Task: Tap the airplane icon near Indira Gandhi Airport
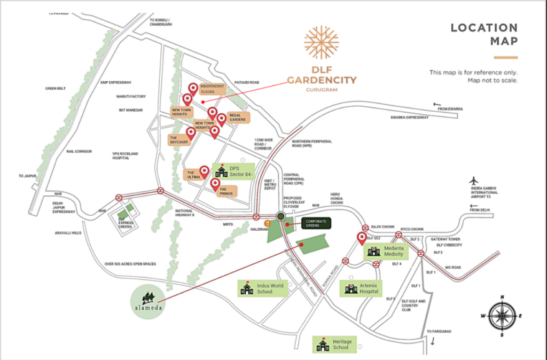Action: [473, 181]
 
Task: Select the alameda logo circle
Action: [149, 300]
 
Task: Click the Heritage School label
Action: [333, 344]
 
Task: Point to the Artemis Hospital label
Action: [361, 288]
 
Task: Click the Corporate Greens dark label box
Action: [316, 223]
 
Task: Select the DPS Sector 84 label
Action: [233, 171]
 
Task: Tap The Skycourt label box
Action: [177, 139]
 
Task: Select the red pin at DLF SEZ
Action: [361, 238]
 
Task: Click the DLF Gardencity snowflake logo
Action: [321, 43]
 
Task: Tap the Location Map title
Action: [484, 34]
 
